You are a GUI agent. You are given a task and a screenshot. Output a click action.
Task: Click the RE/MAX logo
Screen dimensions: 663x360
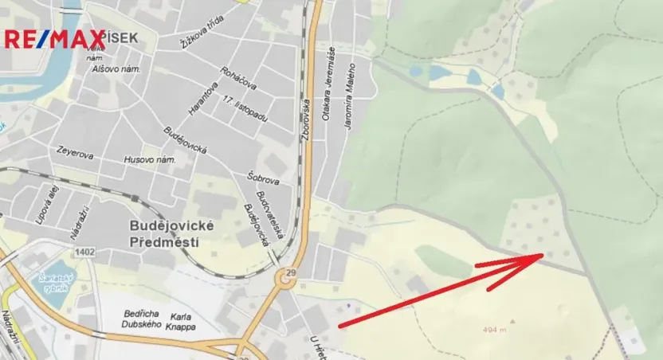pos(54,37)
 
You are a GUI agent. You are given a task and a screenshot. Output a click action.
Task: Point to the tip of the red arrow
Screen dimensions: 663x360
pos(543,256)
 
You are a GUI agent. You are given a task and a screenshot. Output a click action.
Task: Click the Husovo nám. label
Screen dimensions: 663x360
pos(149,160)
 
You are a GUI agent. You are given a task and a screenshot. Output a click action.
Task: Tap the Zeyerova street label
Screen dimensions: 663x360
pos(75,150)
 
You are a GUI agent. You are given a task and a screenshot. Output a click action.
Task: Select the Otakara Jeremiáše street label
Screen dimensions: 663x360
pos(328,84)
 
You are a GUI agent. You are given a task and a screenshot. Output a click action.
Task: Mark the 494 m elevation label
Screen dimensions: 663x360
pos(495,328)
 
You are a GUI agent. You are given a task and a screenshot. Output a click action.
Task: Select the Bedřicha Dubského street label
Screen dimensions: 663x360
pos(143,319)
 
